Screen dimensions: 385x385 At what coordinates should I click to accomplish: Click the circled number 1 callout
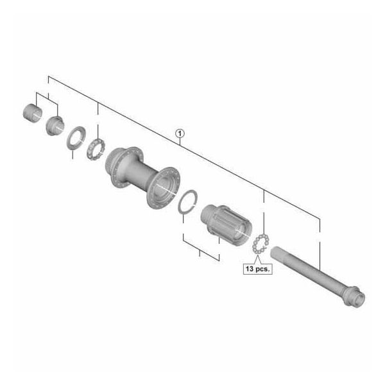tap(180, 134)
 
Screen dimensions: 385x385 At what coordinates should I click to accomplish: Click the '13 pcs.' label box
tap(257, 269)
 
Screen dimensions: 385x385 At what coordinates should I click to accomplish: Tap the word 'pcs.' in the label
tap(262, 269)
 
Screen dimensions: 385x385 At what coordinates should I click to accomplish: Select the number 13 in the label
tap(250, 268)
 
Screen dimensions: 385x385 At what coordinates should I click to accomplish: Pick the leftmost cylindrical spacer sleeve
tap(33, 112)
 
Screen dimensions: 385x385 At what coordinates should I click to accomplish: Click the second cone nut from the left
tap(55, 126)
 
